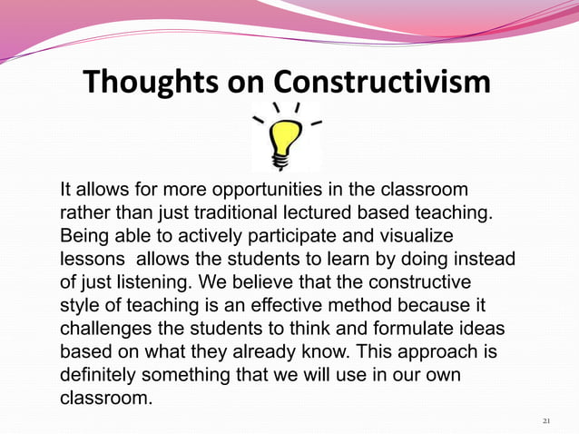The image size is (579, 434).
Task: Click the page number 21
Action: point(545,421)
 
